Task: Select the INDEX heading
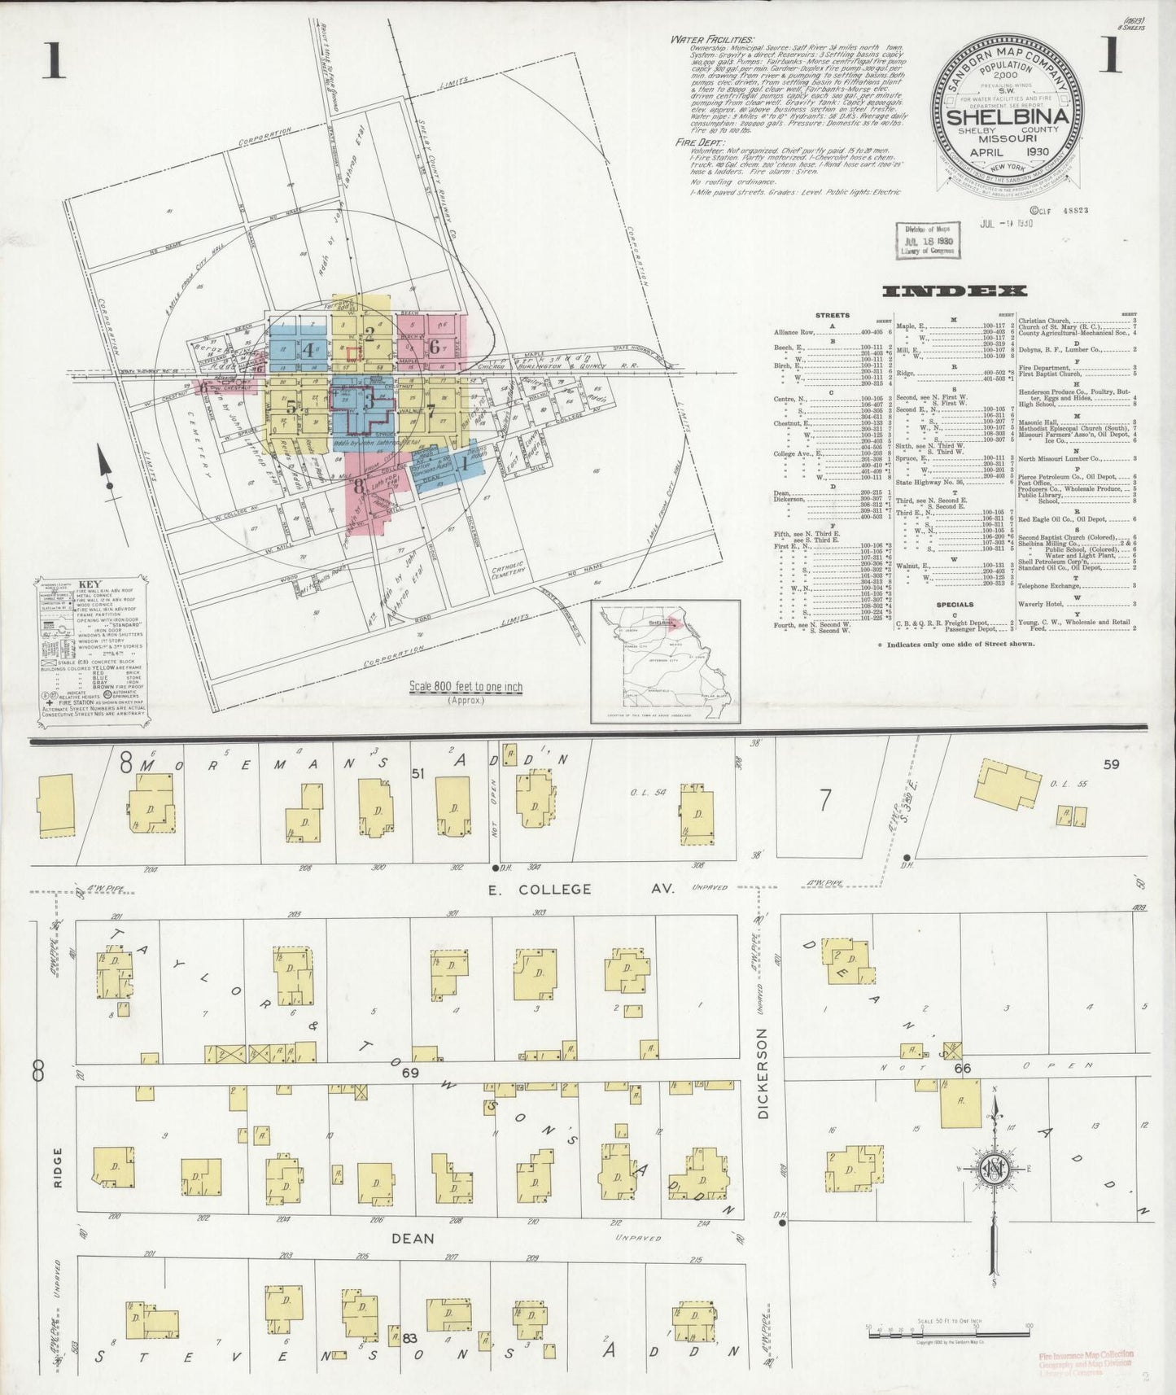pyautogui.click(x=955, y=291)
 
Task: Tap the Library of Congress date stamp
pyautogui.click(x=927, y=241)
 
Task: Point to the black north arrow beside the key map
pyautogui.click(x=106, y=466)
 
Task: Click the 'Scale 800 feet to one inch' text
pyautogui.click(x=466, y=687)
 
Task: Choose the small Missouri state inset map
pyautogui.click(x=664, y=661)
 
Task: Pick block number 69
pyautogui.click(x=409, y=1074)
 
